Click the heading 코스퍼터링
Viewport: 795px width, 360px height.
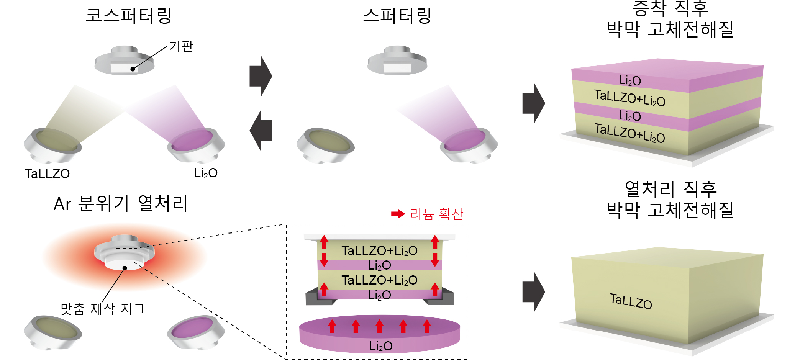[128, 16]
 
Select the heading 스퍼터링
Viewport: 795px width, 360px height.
[397, 16]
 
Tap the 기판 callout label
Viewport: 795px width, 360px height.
[181, 46]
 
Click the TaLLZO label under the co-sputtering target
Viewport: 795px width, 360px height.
[47, 174]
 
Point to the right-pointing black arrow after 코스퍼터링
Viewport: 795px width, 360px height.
[261, 76]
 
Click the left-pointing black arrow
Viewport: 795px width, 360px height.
[261, 130]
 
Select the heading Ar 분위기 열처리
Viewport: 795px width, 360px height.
[121, 203]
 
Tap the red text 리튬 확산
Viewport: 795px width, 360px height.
[437, 214]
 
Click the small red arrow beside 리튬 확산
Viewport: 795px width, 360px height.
[398, 214]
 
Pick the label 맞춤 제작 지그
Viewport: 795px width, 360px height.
[103, 309]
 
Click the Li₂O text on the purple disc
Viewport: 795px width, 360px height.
[380, 346]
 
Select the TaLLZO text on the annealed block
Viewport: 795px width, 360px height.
[631, 301]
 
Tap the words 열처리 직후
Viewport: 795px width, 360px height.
[670, 189]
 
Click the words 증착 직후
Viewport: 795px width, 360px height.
[670, 8]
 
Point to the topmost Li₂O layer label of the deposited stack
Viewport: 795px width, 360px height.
[630, 80]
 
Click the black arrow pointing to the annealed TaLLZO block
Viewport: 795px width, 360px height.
[534, 292]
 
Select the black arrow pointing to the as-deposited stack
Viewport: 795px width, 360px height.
[534, 103]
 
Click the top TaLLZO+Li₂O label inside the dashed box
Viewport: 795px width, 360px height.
[379, 251]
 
